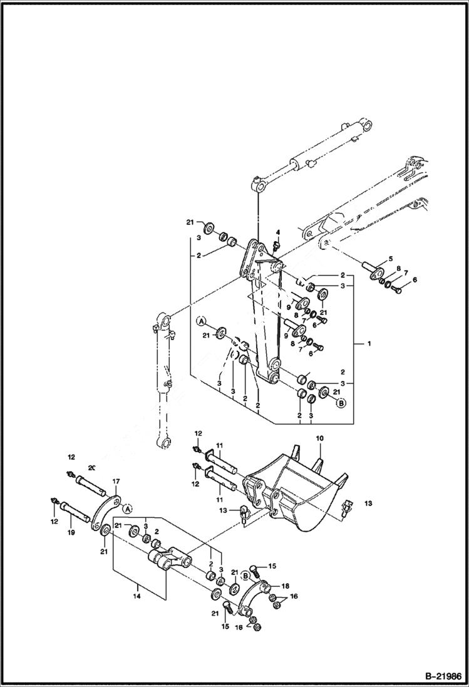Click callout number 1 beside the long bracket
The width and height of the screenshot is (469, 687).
point(369,344)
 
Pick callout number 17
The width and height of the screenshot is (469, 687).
point(115,482)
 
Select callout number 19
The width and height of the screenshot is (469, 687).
point(71,532)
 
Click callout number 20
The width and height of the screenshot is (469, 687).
point(91,468)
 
